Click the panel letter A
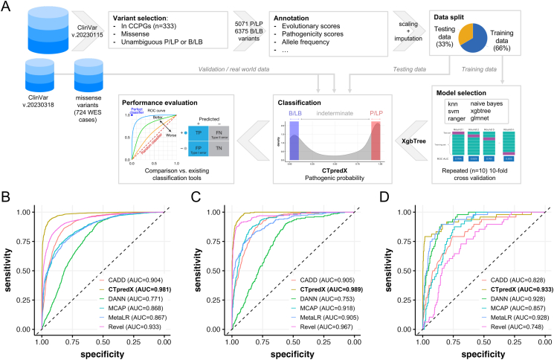[x=7, y=7]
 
